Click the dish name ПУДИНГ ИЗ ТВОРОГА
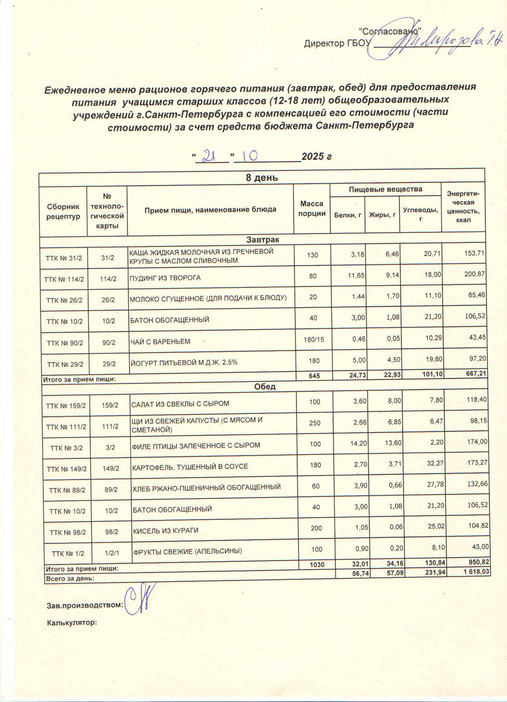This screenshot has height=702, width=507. point(165,278)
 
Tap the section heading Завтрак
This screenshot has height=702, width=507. point(263,240)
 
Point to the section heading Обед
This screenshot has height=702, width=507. point(265,387)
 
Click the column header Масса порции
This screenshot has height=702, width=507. point(312,209)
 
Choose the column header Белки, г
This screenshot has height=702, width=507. point(347,215)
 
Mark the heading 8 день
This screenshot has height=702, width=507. point(262,178)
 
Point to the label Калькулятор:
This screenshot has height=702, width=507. point(72,623)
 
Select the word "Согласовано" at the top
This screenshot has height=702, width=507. point(389,31)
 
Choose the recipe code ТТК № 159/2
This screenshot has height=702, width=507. point(66,405)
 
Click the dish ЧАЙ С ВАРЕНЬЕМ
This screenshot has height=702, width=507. point(160,342)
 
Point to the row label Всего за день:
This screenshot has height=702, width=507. point(70,579)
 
